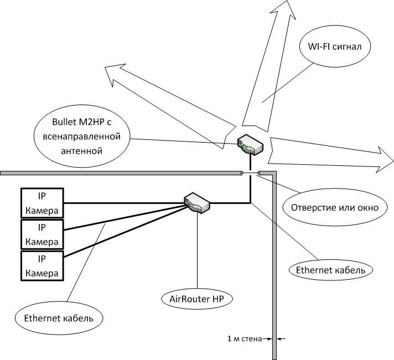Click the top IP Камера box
tap(42, 203)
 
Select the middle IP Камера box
tap(42, 234)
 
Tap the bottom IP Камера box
tap(42, 266)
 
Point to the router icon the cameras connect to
tap(197, 202)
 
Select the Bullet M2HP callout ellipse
tap(82, 134)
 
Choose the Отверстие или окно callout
tap(330, 208)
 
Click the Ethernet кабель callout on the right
tap(331, 270)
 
